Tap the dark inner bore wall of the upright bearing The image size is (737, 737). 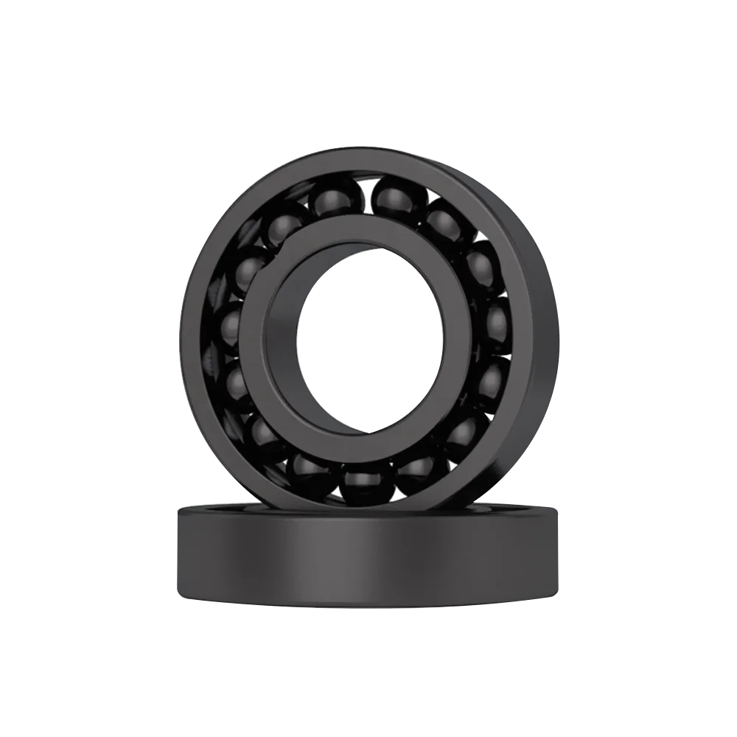[284, 332]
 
